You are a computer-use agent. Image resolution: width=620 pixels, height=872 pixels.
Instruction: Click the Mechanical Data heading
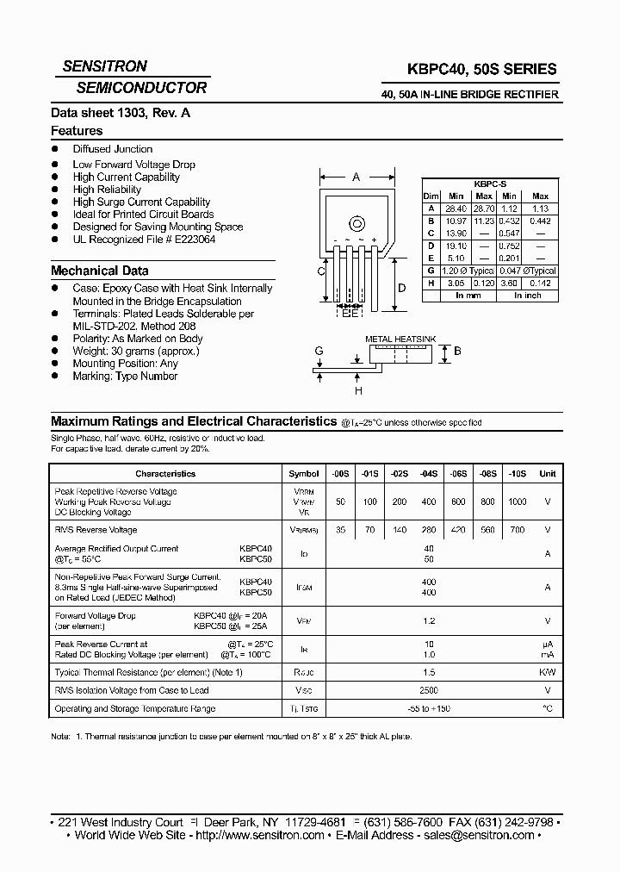pos(99,271)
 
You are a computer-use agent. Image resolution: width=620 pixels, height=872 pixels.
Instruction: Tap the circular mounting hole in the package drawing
pos(356,225)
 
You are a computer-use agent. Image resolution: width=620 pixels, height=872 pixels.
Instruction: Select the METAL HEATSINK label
pos(401,339)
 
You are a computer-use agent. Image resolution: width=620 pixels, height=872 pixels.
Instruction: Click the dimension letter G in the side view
pos(319,352)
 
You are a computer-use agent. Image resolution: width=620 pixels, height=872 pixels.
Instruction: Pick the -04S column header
pos(429,473)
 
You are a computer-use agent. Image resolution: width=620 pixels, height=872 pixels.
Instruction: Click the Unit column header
pos(547,473)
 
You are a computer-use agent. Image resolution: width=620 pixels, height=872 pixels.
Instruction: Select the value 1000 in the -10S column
pos(517,501)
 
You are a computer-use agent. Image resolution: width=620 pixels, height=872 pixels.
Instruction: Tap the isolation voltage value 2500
pos(429,690)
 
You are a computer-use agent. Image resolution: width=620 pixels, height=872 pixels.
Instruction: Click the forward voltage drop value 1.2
pos(429,620)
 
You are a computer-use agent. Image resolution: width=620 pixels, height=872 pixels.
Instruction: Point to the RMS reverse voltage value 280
pos(429,530)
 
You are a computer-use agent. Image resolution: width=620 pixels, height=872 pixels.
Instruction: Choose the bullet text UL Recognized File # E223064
pos(144,240)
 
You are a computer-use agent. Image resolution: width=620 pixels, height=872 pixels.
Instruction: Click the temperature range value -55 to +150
pos(429,708)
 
